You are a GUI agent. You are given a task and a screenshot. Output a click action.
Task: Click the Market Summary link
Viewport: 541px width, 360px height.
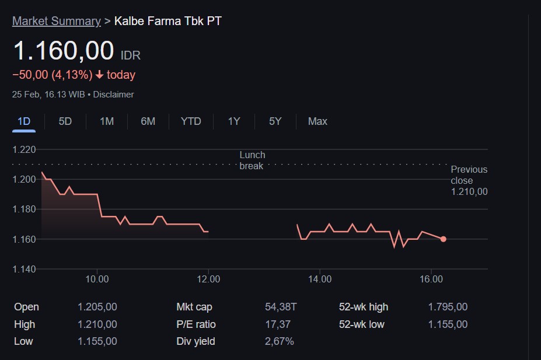pos(57,21)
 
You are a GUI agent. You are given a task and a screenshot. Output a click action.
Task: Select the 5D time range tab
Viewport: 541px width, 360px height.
pos(65,121)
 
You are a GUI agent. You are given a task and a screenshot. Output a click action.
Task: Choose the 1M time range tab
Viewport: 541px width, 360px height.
pos(107,121)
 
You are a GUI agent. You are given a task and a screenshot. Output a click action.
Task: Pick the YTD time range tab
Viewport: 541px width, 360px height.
pos(191,121)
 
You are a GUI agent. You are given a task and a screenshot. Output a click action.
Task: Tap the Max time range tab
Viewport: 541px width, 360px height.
pos(317,121)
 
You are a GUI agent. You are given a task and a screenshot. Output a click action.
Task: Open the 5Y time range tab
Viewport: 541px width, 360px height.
pos(275,121)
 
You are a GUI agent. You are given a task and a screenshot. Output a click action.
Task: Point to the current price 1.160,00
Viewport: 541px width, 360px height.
pos(64,51)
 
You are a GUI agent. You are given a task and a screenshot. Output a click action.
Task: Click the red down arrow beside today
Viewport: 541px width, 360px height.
pos(100,75)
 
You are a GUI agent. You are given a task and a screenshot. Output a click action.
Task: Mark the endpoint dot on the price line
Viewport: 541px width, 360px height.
pos(444,239)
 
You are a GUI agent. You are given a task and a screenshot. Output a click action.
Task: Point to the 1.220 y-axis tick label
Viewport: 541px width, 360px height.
pos(24,149)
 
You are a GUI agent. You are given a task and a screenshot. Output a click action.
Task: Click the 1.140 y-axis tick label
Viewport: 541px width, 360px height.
pos(24,269)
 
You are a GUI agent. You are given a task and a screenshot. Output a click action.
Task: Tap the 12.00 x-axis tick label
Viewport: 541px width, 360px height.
pos(208,279)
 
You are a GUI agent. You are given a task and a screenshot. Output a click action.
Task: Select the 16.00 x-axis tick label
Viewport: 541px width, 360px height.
pos(431,279)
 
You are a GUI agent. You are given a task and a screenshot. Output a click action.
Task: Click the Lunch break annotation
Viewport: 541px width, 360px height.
pos(252,160)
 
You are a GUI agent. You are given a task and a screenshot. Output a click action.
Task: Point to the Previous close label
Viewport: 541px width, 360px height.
pos(469,175)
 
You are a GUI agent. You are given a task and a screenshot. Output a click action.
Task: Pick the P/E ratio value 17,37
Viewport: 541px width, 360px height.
pos(277,324)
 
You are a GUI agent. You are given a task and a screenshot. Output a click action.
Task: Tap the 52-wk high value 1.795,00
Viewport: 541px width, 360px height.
pos(447,307)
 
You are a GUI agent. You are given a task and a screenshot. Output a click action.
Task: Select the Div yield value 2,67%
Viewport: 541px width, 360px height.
pos(279,341)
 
